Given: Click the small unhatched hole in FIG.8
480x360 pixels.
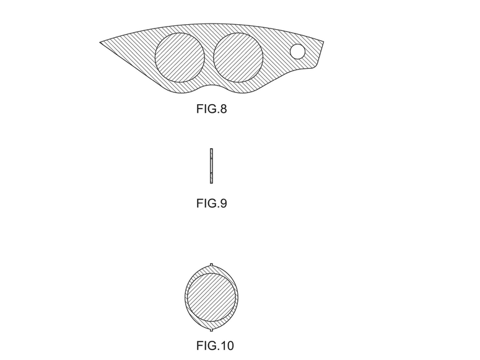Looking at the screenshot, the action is click(297, 51).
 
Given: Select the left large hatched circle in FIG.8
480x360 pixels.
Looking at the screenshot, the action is click(180, 58).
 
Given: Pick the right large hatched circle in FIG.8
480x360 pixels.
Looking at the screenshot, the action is click(238, 58).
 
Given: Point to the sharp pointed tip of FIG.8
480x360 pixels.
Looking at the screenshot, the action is click(100, 42).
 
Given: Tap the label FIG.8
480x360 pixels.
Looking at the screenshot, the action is click(212, 109).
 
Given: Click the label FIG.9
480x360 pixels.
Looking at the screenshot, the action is click(212, 203).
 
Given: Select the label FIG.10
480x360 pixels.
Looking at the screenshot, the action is click(215, 346).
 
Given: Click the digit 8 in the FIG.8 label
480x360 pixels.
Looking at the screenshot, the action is click(223, 109).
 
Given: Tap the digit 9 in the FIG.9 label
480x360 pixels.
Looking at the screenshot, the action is click(223, 203).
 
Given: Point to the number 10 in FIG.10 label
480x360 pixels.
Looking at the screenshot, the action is click(227, 346).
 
